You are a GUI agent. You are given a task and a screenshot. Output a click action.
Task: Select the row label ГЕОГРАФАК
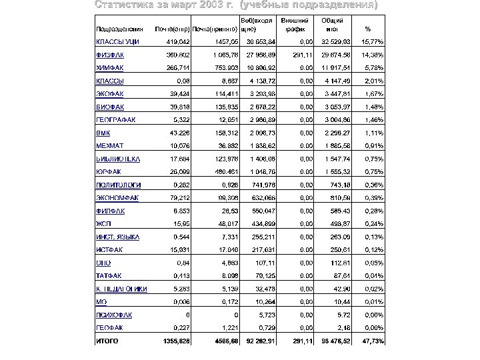click(x=115, y=119)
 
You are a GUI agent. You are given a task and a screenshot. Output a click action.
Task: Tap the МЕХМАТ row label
click(x=107, y=145)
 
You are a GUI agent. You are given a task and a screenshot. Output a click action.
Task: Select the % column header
click(x=368, y=29)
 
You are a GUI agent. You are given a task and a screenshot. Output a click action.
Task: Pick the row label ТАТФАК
click(x=107, y=275)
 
